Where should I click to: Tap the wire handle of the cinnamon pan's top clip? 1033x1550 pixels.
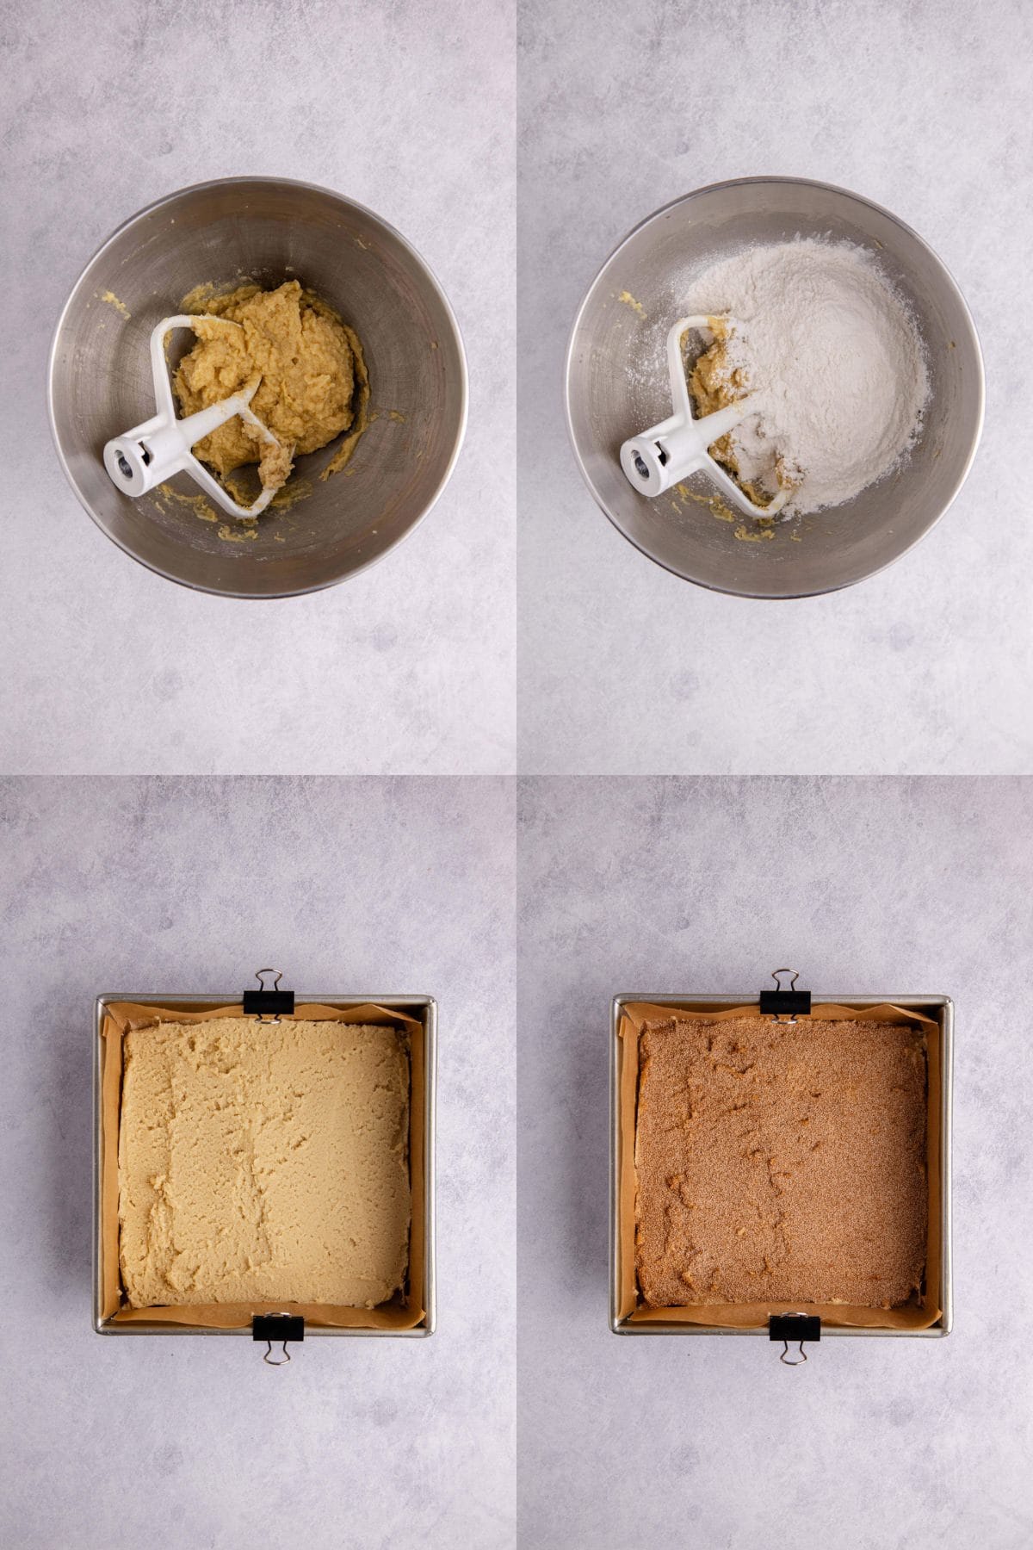point(783,978)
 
